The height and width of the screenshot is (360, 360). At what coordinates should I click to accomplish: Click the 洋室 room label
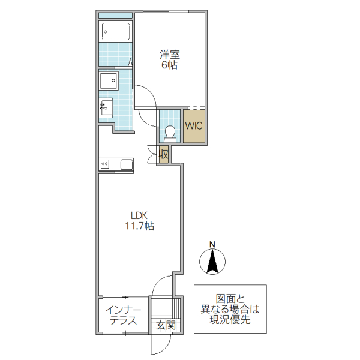pos(169,55)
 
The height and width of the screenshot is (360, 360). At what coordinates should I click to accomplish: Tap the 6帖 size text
pos(169,65)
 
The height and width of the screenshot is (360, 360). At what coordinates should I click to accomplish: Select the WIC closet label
pos(194,127)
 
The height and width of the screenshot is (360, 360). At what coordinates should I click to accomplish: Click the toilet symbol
pos(169,133)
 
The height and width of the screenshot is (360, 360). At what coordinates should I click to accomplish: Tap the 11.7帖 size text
pos(139,226)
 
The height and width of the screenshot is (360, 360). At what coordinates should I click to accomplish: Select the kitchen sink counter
pos(116,164)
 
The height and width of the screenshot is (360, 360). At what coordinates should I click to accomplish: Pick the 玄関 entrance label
pos(165,326)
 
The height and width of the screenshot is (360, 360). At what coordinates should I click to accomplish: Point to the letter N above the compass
pos(212,244)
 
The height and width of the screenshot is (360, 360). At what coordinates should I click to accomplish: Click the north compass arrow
pos(212,261)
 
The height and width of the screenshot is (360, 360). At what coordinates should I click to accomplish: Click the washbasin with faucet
pos(106,108)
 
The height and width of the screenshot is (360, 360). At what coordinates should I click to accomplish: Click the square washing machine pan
pos(110,80)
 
